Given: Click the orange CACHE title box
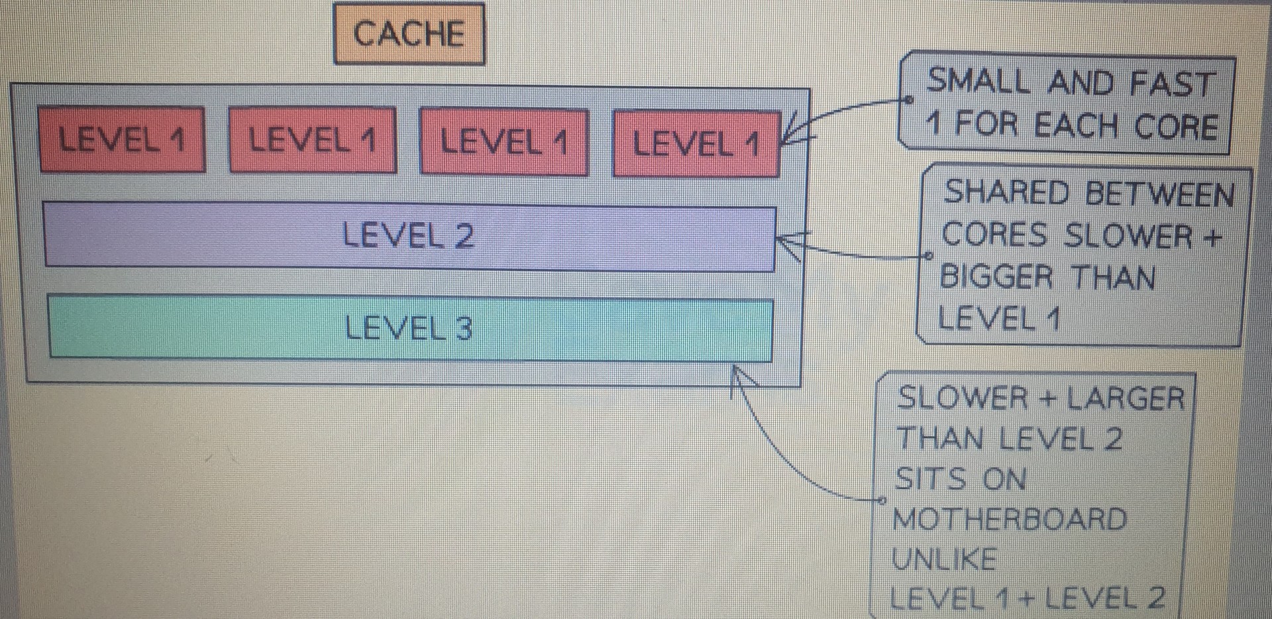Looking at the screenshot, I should point(409,34).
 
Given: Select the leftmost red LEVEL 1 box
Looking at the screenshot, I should point(122,140).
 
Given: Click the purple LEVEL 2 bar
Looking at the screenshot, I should point(409,236).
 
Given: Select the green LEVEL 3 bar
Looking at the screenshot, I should point(410,329).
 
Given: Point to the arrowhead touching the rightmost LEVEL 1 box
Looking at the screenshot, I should point(792,129).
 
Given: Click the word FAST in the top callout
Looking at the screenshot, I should point(1173,84).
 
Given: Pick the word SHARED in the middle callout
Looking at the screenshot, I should point(1006,193).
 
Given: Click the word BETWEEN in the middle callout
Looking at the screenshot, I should point(1160,195).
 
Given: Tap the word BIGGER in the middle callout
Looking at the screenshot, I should point(996,276).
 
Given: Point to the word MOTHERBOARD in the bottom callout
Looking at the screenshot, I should point(1009,519).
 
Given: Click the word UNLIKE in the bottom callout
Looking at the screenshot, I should point(944,559).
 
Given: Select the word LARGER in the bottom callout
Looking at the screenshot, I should point(1124,399).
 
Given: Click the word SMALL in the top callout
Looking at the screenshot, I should point(978,82).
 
